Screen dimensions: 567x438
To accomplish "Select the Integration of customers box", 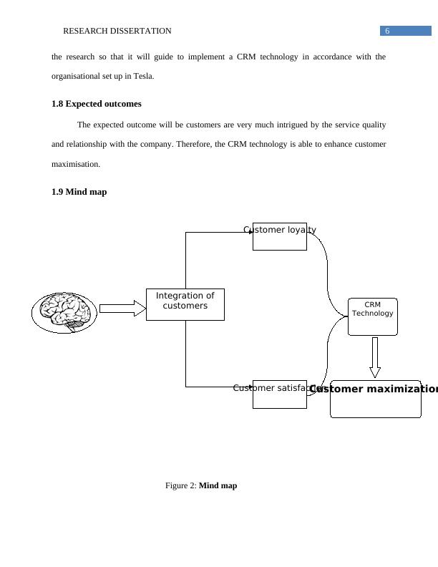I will pyautogui.click(x=185, y=304).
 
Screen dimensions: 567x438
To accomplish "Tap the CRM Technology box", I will pyautogui.click(x=372, y=316).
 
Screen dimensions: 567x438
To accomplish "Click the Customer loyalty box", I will pyautogui.click(x=279, y=237).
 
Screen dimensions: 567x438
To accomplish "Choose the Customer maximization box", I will pyautogui.click(x=375, y=399).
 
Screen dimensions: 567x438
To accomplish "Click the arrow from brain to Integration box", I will pyautogui.click(x=122, y=309).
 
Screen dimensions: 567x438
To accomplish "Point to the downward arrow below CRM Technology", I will pyautogui.click(x=374, y=357).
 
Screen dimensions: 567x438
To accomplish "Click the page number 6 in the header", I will pyautogui.click(x=387, y=31).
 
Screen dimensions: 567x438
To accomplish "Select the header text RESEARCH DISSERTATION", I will pyautogui.click(x=117, y=31).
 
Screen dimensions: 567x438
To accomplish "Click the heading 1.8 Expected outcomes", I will pyautogui.click(x=96, y=104).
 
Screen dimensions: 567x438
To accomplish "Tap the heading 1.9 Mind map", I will pyautogui.click(x=79, y=192).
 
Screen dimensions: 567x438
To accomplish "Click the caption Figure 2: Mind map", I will pyautogui.click(x=201, y=485).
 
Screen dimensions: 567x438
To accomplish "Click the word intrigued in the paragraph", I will pyautogui.click(x=281, y=125).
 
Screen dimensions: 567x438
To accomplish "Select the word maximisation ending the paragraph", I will pyautogui.click(x=76, y=164).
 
